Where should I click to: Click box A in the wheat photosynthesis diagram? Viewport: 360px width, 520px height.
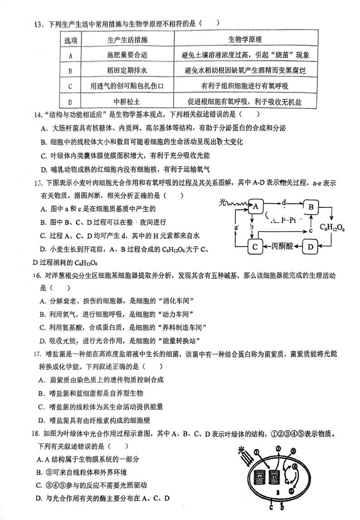pyautogui.click(x=255, y=207)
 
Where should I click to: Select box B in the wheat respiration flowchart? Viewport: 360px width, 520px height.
pyautogui.click(x=311, y=207)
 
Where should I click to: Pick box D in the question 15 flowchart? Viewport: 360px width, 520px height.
pyautogui.click(x=311, y=246)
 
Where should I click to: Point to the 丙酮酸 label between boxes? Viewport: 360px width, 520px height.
pyautogui.click(x=283, y=246)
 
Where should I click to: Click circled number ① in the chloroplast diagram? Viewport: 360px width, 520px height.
pyautogui.click(x=256, y=451)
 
